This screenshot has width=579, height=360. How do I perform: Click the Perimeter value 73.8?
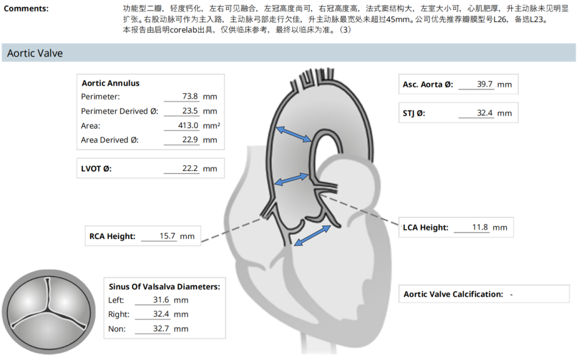point(190,96)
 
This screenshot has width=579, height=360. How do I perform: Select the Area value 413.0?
point(188,125)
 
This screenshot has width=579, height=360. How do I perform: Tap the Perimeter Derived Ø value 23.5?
point(190,111)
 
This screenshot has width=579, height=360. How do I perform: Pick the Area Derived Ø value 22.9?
point(190,139)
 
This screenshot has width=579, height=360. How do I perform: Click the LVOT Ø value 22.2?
point(190,168)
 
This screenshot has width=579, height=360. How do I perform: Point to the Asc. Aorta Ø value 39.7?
point(485,84)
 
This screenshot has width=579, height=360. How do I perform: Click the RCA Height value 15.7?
point(167,236)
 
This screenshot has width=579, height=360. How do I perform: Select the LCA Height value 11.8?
point(480,227)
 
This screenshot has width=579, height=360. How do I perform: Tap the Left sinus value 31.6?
point(161,300)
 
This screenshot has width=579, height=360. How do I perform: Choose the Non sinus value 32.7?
point(161,328)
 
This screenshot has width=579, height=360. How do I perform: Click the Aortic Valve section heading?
point(35,53)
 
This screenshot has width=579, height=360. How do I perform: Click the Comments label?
point(26,9)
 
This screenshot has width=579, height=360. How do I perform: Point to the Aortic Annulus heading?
point(111,83)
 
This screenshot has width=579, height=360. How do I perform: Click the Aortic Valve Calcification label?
point(453,294)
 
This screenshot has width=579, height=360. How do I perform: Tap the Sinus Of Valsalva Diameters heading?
point(165,287)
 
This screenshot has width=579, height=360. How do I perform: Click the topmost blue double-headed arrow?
point(294,134)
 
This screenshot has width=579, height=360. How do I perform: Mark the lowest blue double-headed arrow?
point(313,235)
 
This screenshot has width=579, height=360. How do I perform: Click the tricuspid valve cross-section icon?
point(48,312)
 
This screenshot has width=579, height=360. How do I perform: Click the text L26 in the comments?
point(500,19)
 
